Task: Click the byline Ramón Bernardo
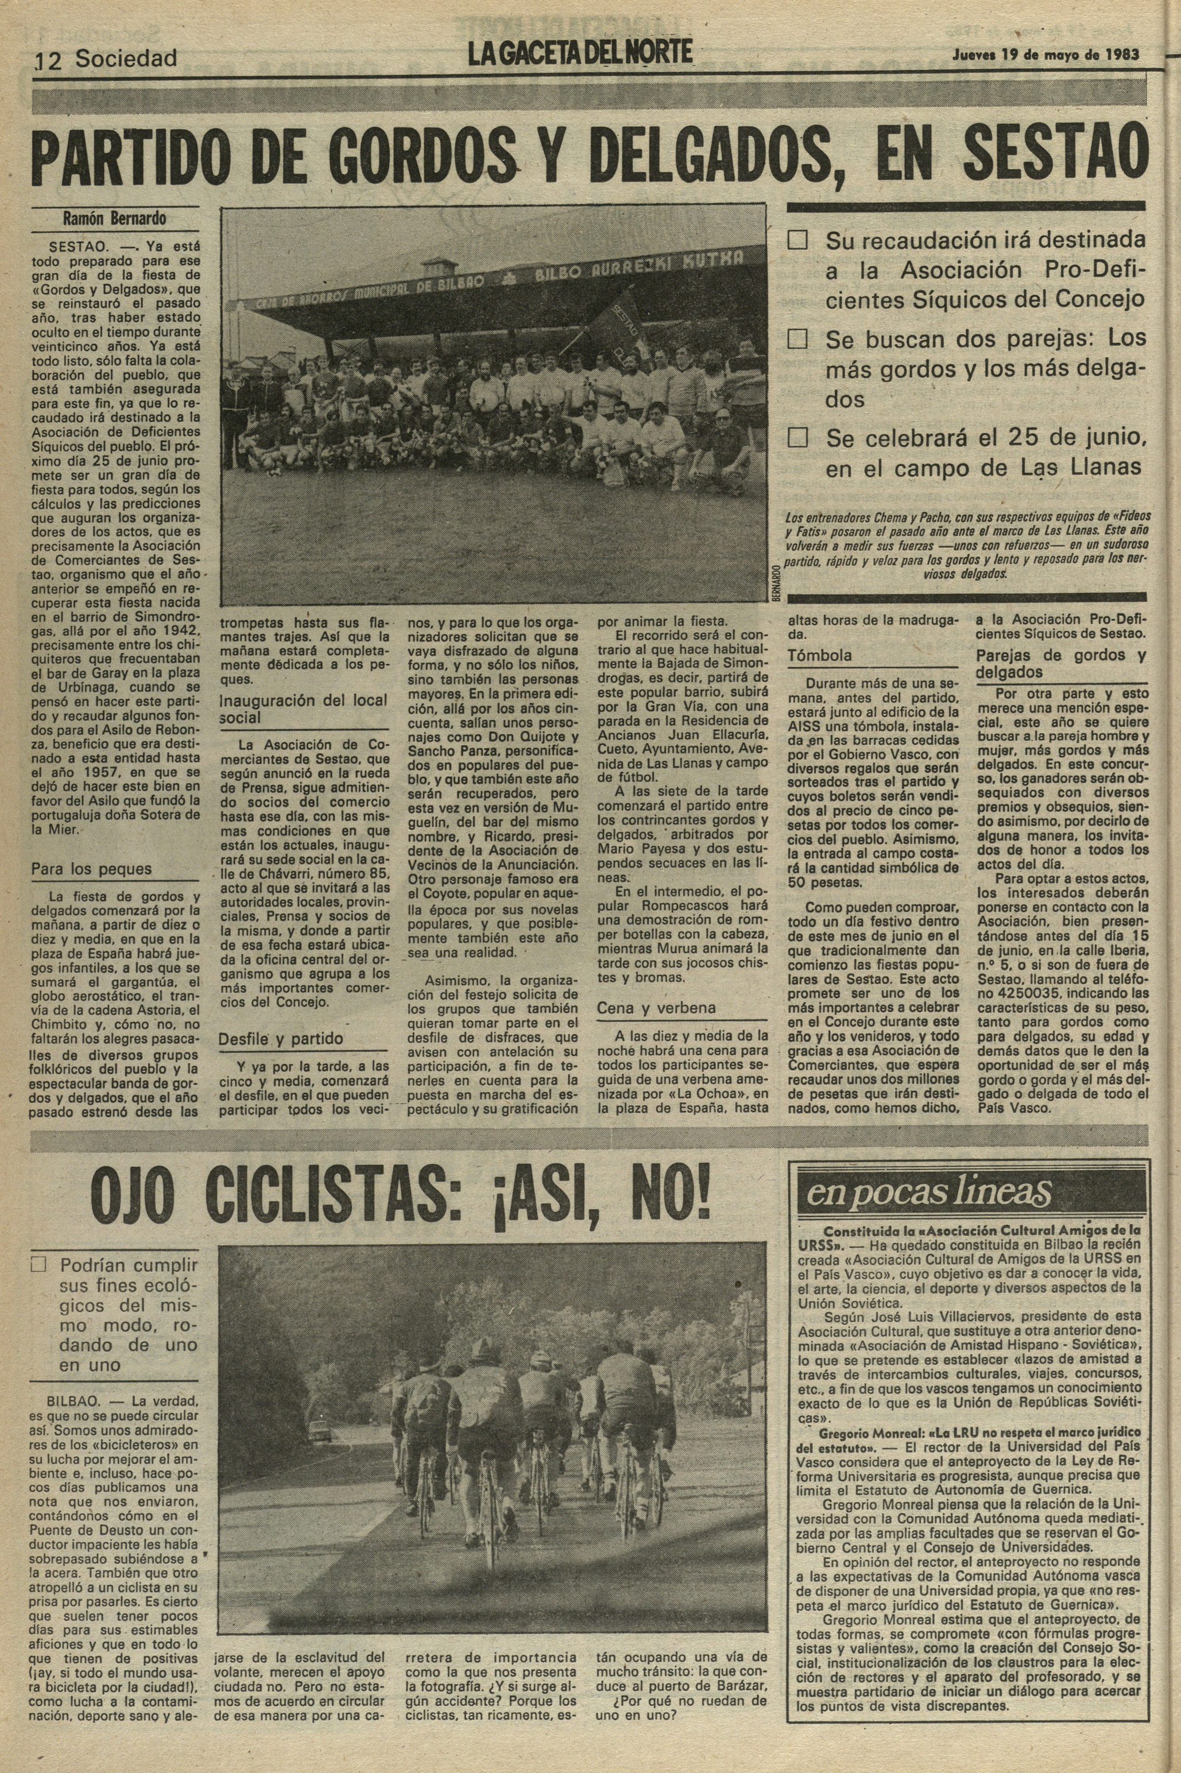[x=114, y=219]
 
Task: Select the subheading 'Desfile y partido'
[x=280, y=1039]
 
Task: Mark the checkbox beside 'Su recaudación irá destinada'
[x=797, y=240]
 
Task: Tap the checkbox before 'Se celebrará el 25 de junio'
[x=797, y=437]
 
